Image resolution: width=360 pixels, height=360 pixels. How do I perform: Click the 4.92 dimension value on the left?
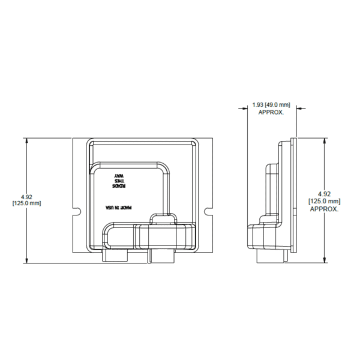pos(26,197)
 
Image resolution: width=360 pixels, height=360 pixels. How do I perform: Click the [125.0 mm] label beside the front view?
pos(26,203)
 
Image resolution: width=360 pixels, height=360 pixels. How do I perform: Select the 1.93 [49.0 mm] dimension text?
pos(271,105)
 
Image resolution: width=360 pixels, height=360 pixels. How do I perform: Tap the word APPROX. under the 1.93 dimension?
pos(271,112)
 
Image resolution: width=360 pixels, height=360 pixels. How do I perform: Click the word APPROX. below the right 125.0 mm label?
pos(324,209)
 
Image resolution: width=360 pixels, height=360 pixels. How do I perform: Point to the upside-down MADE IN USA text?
pos(119,208)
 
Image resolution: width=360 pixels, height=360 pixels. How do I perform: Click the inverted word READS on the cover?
pos(119,186)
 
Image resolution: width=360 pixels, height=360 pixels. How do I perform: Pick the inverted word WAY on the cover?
pos(119,176)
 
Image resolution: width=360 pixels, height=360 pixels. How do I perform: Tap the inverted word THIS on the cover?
pos(119,181)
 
